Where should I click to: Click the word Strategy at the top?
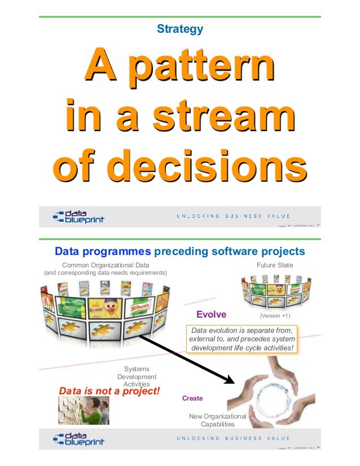click(180, 28)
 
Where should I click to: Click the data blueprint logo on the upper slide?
click(78, 217)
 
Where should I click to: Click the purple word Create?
click(192, 398)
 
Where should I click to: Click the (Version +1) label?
click(275, 315)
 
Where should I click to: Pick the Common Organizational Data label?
click(106, 264)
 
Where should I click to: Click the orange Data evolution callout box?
click(242, 339)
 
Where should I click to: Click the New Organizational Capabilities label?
click(217, 420)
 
